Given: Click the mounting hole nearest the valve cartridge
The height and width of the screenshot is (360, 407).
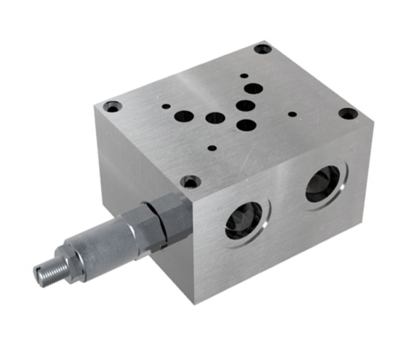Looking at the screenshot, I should click(189, 182).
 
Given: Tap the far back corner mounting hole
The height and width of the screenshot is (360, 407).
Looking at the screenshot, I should click(263, 50).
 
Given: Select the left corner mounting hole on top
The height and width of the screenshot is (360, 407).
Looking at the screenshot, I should click(112, 107).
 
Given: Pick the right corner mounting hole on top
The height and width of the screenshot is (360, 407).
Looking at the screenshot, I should click(346, 113).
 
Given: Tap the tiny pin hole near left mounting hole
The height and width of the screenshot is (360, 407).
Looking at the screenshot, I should click(166, 107).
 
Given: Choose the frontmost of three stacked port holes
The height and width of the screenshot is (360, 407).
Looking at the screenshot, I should click(245, 126).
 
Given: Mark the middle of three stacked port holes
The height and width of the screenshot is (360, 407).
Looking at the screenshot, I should click(245, 107).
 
